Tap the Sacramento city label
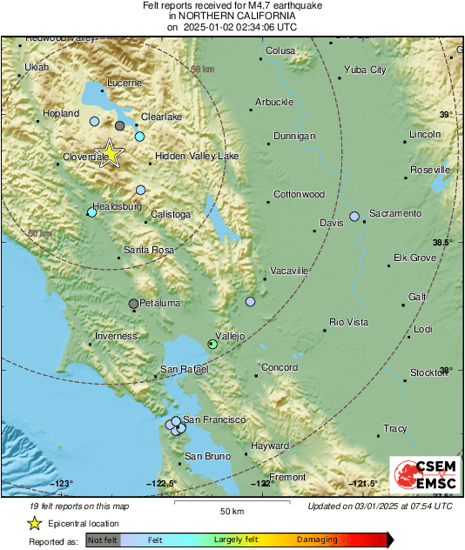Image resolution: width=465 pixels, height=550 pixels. point(394,213)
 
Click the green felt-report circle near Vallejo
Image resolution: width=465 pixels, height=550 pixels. point(212,345)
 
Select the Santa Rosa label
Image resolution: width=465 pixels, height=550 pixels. point(148,251)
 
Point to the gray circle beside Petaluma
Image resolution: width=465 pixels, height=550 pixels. point(133,304)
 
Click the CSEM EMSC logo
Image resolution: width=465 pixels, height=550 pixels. point(420,475)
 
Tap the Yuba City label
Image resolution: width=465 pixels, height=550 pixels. point(365,70)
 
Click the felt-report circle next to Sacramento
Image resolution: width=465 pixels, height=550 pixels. point(354,216)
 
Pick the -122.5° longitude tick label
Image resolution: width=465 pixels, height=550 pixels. point(162,484)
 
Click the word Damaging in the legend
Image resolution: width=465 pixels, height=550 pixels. point(316,540)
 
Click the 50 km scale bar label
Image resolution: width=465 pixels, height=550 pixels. point(231,510)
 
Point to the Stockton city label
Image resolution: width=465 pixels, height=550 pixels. point(428,372)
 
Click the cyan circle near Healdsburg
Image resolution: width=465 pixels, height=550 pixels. point(91,212)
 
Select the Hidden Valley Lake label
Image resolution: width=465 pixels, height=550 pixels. point(196,157)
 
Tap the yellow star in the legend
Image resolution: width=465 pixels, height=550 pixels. point(34,523)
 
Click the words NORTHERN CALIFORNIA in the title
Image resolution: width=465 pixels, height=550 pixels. point(232,17)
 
